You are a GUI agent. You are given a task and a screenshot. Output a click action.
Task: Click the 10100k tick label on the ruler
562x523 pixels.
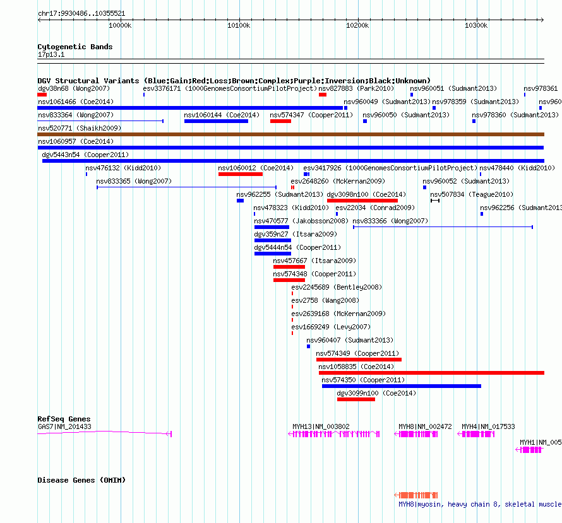click(x=239, y=25)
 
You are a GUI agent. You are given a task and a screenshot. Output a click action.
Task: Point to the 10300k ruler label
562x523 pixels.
click(x=476, y=25)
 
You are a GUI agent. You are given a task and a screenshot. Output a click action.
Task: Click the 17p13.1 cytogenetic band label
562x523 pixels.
click(x=51, y=54)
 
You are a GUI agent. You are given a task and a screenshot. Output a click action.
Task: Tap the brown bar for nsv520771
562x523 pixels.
click(x=290, y=134)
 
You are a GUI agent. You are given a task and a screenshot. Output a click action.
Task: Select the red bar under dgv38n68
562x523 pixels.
click(x=42, y=95)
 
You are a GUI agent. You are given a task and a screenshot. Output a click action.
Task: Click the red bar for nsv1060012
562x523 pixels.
click(x=241, y=174)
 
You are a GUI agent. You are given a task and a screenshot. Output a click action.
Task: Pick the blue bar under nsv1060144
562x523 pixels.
click(x=216, y=121)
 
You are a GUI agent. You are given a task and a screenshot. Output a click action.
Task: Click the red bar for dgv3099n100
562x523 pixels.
click(x=356, y=399)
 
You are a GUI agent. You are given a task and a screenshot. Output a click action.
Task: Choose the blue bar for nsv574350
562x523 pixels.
click(x=402, y=386)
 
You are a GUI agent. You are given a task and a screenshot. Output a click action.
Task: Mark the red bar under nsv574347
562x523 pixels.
click(x=280, y=121)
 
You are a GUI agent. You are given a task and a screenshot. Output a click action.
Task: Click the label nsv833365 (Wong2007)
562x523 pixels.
click(x=134, y=181)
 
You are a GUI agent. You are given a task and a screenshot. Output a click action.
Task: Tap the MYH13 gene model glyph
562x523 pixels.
click(x=334, y=434)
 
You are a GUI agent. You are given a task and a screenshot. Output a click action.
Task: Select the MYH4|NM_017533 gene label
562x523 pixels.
click(x=488, y=426)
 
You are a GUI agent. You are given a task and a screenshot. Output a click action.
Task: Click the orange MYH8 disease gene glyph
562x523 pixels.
click(x=416, y=495)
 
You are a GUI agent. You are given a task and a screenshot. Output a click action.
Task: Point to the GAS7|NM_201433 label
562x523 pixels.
click(x=64, y=426)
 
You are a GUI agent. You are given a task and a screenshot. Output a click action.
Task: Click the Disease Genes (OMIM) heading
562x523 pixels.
click(x=81, y=480)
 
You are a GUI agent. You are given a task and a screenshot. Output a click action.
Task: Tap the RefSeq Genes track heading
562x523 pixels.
click(x=64, y=419)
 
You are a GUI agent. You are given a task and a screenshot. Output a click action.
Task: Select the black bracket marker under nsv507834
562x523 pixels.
click(x=435, y=201)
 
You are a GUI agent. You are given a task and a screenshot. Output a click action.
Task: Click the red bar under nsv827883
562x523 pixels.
click(x=323, y=95)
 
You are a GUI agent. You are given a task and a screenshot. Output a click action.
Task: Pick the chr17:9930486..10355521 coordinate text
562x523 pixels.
click(x=81, y=13)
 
